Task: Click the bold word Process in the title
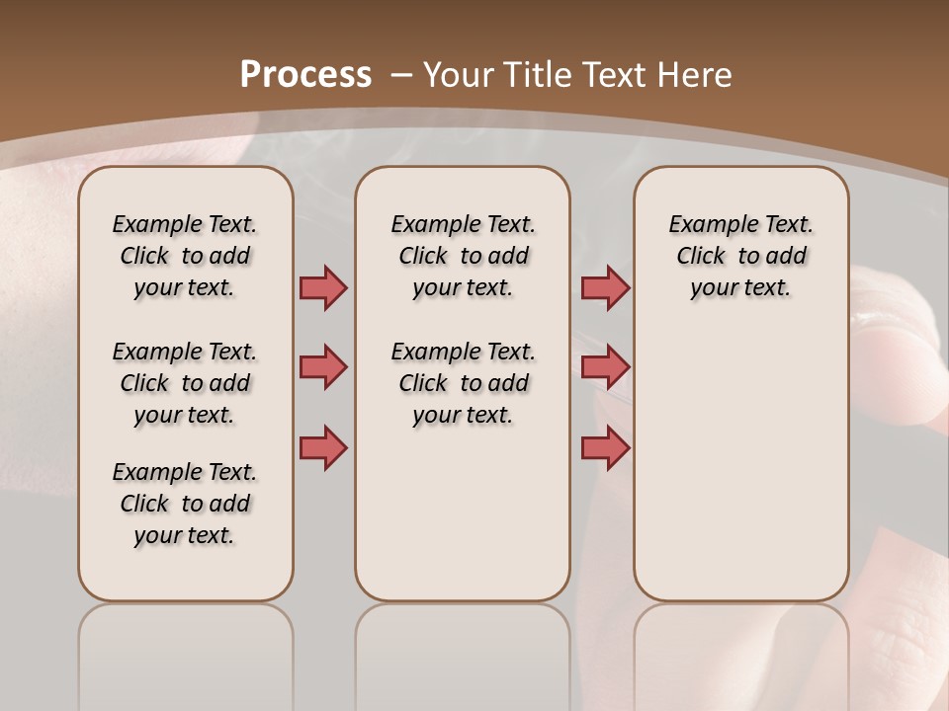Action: pyautogui.click(x=305, y=75)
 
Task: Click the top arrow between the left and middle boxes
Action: pyautogui.click(x=323, y=288)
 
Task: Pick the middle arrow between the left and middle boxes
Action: pyautogui.click(x=323, y=367)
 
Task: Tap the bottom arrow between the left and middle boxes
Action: pyautogui.click(x=323, y=447)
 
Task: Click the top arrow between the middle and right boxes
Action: pyautogui.click(x=605, y=288)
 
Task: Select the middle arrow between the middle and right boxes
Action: pyautogui.click(x=605, y=367)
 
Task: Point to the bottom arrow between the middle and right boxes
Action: pyautogui.click(x=605, y=447)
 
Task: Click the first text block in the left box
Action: pyautogui.click(x=185, y=256)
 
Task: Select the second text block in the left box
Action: pyautogui.click(x=185, y=383)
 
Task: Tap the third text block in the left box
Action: pyautogui.click(x=185, y=504)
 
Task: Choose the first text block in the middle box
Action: pyautogui.click(x=463, y=256)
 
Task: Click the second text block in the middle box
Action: pyautogui.click(x=463, y=383)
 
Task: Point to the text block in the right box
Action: pyautogui.click(x=741, y=256)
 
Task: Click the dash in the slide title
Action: pyautogui.click(x=400, y=75)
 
